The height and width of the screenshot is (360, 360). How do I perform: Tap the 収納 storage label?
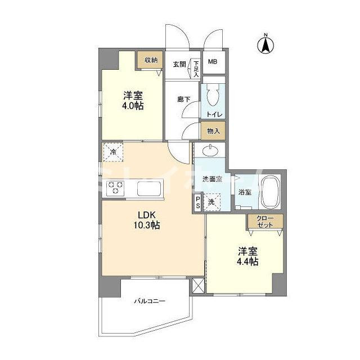151,60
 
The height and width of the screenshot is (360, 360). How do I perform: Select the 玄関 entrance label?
179,64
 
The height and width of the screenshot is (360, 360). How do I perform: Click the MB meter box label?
213,61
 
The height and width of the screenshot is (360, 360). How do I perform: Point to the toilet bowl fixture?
213,94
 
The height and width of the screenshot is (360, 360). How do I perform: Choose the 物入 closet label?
213,131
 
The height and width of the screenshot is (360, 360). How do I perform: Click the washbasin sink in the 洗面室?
210,151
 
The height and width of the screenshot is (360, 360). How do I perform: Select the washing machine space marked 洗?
211,202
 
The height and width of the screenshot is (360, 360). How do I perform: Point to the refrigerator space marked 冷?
113,152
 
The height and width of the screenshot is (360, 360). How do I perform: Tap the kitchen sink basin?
149,189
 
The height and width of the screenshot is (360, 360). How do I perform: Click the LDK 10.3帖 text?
147,220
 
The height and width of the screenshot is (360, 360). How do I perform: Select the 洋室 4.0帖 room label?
133,101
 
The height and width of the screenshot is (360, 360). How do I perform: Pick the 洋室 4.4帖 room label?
247,256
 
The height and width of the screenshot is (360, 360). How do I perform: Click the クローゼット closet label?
265,222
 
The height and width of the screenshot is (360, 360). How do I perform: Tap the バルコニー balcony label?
150,301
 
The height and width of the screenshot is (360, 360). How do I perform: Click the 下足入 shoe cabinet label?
196,69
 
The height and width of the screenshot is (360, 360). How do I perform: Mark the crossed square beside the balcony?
198,286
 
